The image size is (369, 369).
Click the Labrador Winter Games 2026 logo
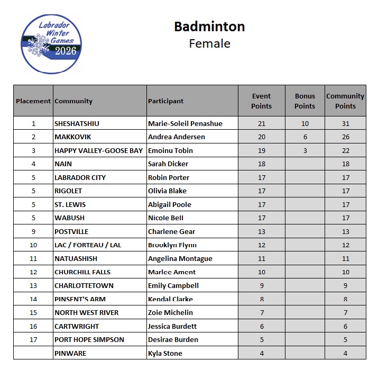pos(51,43)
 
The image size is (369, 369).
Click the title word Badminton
pos(209,26)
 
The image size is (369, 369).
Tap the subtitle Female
pos(209,43)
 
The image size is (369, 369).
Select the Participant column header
pos(166,101)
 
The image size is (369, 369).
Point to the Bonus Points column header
pos(305,101)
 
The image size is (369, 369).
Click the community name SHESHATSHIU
pos(77,123)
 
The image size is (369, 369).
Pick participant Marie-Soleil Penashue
pos(185,123)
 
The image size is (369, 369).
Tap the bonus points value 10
pos(305,123)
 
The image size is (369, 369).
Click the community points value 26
pos(345,137)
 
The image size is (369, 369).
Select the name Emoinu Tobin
pos(170,150)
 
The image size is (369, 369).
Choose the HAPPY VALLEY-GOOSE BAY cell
pos(98,150)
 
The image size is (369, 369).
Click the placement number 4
pos(33,164)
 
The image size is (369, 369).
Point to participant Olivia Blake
pos(167,191)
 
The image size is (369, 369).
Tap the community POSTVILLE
pos(71,231)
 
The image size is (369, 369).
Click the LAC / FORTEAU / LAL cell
pos(87,245)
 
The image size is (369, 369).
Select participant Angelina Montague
pos(180,258)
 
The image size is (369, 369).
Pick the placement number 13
pos(33,285)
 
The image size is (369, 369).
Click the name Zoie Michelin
pos(170,312)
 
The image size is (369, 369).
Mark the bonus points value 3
pos(305,150)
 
